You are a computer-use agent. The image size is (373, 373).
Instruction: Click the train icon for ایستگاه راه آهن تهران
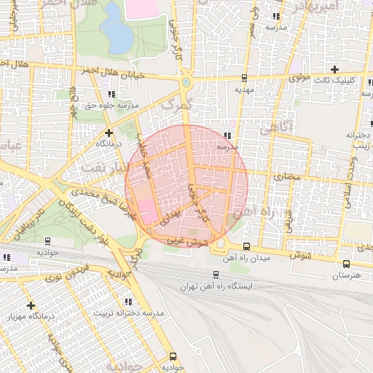[x=216, y=275]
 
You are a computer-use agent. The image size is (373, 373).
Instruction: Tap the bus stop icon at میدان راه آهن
[x=246, y=246]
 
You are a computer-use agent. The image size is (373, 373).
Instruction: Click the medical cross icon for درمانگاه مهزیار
[x=30, y=305]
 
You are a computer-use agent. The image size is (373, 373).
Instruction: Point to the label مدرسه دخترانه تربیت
[x=128, y=313]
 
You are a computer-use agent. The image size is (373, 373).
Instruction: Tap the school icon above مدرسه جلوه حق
[x=111, y=94]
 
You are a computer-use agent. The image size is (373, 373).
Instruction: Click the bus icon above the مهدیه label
[x=243, y=77]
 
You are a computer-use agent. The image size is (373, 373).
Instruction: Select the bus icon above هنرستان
[x=345, y=264]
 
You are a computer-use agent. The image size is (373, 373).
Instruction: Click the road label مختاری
[x=266, y=176]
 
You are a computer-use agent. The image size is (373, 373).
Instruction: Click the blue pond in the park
[x=114, y=25]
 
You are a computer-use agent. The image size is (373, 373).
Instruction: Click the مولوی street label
[x=299, y=76]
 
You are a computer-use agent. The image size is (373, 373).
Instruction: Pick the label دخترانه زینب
[x=360, y=140]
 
